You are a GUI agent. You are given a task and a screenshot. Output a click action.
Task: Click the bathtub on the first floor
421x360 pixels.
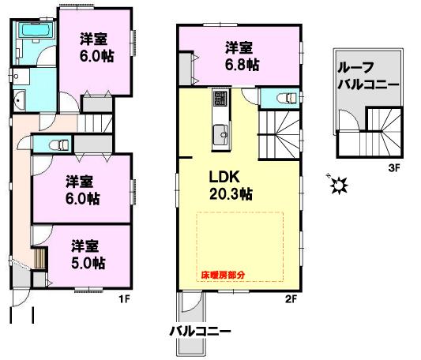(x=34, y=32)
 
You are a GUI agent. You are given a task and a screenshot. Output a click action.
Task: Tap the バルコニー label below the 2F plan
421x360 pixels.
(x=199, y=331)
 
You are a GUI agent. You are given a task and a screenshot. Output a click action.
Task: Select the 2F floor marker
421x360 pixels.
(x=290, y=298)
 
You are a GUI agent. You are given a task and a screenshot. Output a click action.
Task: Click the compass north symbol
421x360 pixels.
(x=339, y=185)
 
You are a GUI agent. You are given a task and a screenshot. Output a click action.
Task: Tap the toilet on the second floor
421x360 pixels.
(x=288, y=98)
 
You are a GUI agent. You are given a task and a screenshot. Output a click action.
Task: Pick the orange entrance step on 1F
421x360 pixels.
(x=37, y=258)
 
